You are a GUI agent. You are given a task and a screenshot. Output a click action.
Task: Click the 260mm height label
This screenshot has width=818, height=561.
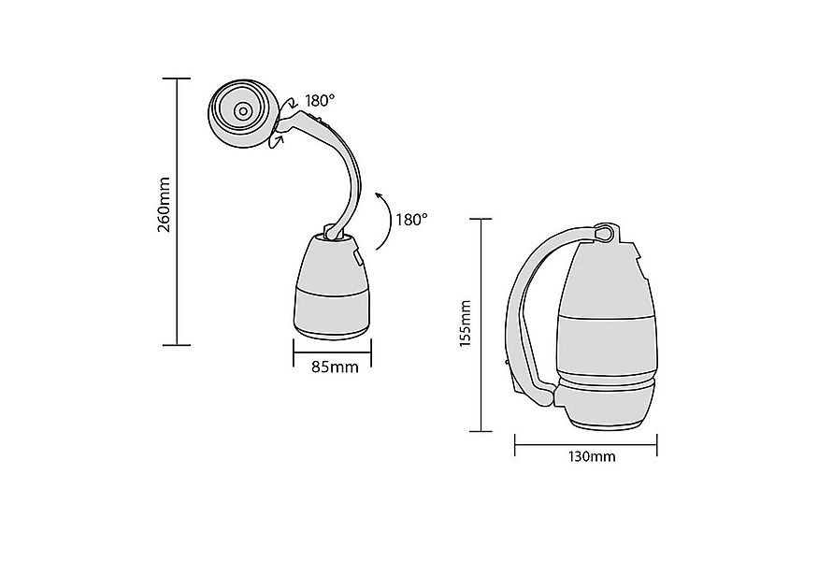(x=164, y=205)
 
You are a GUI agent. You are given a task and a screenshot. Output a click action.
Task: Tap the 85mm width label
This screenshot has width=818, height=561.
(x=334, y=366)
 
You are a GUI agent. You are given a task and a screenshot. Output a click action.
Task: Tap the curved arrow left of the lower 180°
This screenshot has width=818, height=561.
(x=382, y=220)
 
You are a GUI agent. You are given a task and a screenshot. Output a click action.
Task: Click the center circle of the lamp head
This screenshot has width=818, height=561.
(x=241, y=111)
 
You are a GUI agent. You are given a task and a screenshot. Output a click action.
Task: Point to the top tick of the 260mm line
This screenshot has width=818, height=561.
(x=177, y=79)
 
